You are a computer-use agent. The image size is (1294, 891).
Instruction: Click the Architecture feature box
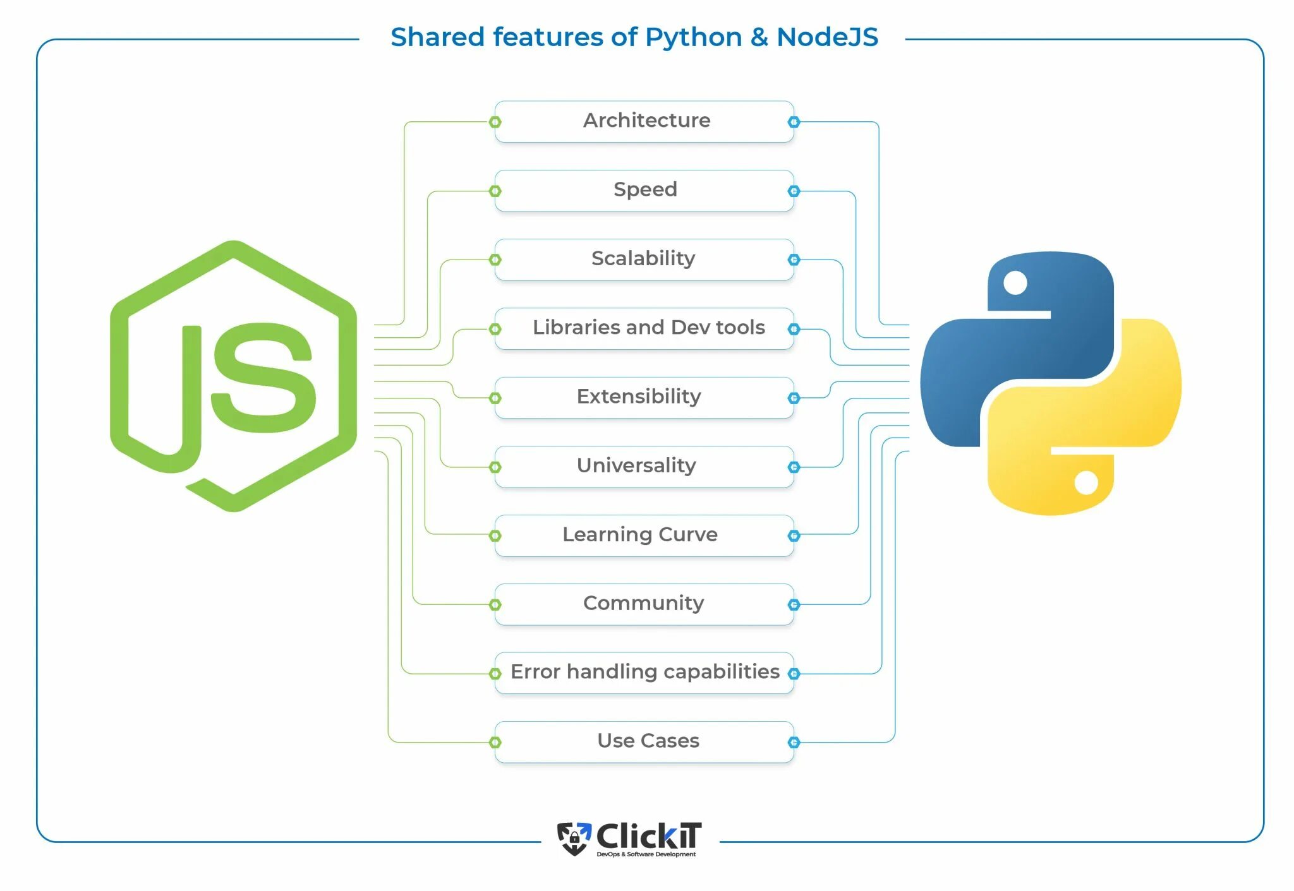pos(644,121)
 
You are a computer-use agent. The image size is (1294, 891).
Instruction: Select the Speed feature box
pos(644,190)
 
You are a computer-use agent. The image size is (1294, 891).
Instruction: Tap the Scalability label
pos(643,258)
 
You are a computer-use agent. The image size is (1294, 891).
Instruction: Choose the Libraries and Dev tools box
pos(644,328)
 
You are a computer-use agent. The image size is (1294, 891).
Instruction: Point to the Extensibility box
pos(644,397)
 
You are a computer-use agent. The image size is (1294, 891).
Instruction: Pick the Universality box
pos(644,466)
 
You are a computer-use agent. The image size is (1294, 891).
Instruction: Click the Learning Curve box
pos(644,535)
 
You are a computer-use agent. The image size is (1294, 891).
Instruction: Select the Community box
pos(644,604)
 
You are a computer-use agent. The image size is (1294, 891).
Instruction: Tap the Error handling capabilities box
pos(644,673)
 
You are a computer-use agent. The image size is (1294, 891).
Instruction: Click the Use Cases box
pos(644,741)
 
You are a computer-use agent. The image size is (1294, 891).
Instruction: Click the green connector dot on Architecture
pos(495,122)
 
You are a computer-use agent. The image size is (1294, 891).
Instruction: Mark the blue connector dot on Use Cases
pos(794,743)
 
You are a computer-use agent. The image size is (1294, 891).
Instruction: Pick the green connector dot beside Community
pos(495,605)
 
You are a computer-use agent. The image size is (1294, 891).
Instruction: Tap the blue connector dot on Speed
pos(794,191)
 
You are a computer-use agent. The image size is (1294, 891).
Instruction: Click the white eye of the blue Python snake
pos(1015,282)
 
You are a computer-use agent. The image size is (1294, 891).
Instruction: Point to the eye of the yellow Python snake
pos(1086,483)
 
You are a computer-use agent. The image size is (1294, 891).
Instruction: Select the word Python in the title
pos(693,37)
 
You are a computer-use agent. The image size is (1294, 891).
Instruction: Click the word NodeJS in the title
pos(827,37)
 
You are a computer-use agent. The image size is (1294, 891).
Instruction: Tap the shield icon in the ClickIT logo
pos(574,839)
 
